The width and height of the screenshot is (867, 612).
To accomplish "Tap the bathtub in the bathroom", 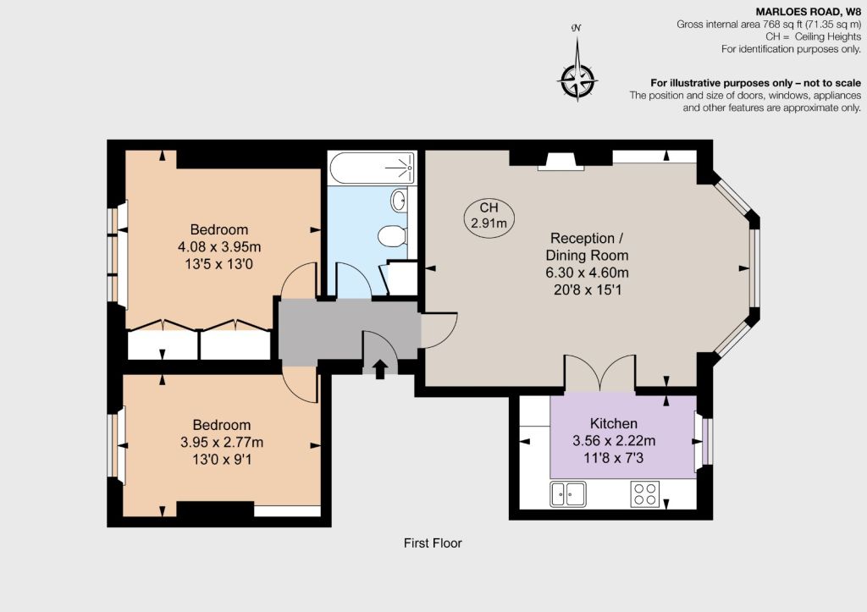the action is [x=372, y=168].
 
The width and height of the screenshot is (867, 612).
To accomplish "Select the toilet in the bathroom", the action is [x=392, y=236].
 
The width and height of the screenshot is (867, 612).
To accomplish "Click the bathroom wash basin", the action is [x=399, y=200].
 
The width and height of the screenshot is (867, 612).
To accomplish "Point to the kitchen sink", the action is [x=568, y=493].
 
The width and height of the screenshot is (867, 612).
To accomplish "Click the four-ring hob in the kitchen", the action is [x=644, y=493].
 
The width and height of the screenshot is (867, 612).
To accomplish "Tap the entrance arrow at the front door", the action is [x=380, y=369].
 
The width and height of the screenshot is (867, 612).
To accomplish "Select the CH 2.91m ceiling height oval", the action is [x=489, y=216].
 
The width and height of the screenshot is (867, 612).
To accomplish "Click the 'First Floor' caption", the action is [x=433, y=543].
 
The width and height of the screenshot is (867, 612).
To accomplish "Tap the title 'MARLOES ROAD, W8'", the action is [x=809, y=12].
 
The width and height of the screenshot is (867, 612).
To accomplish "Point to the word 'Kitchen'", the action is [x=614, y=423].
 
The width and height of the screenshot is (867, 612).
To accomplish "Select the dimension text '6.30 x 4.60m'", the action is [x=588, y=273].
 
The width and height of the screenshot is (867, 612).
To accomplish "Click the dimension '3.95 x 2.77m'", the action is [x=222, y=442].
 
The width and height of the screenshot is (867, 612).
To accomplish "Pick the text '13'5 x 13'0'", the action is [x=219, y=264].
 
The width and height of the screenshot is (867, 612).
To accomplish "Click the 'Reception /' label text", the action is [x=587, y=238].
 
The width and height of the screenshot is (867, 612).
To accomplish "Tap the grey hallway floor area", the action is [x=348, y=332].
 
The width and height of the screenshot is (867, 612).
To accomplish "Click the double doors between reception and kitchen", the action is [x=600, y=373].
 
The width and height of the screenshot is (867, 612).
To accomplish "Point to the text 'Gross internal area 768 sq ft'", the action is [x=738, y=25].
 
